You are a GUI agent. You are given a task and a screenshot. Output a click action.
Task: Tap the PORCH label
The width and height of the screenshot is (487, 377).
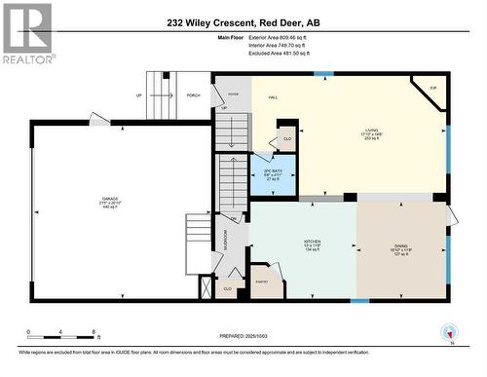point(193,95)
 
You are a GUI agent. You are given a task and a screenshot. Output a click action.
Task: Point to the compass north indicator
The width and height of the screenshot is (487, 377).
point(450,333)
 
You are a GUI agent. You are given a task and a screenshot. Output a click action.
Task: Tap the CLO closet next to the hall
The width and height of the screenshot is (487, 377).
point(286,138)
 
